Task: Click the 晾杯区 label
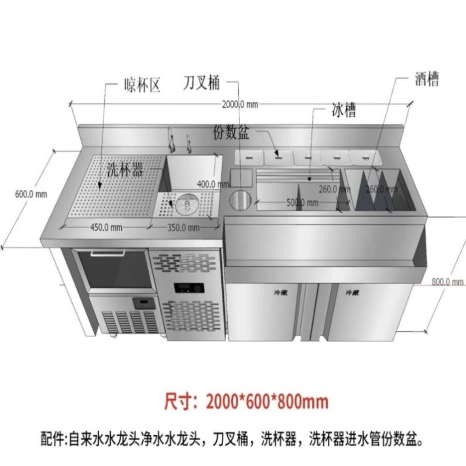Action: [x=142, y=85]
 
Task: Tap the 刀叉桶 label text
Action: [x=201, y=83]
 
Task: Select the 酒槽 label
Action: [x=427, y=79]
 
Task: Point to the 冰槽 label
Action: [x=343, y=110]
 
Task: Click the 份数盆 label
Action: [x=231, y=132]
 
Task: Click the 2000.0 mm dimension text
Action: [x=240, y=104]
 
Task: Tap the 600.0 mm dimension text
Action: [x=31, y=194]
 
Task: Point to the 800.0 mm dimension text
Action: [x=447, y=282]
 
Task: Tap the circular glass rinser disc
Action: [x=187, y=204]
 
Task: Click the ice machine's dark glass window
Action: [x=115, y=269]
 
